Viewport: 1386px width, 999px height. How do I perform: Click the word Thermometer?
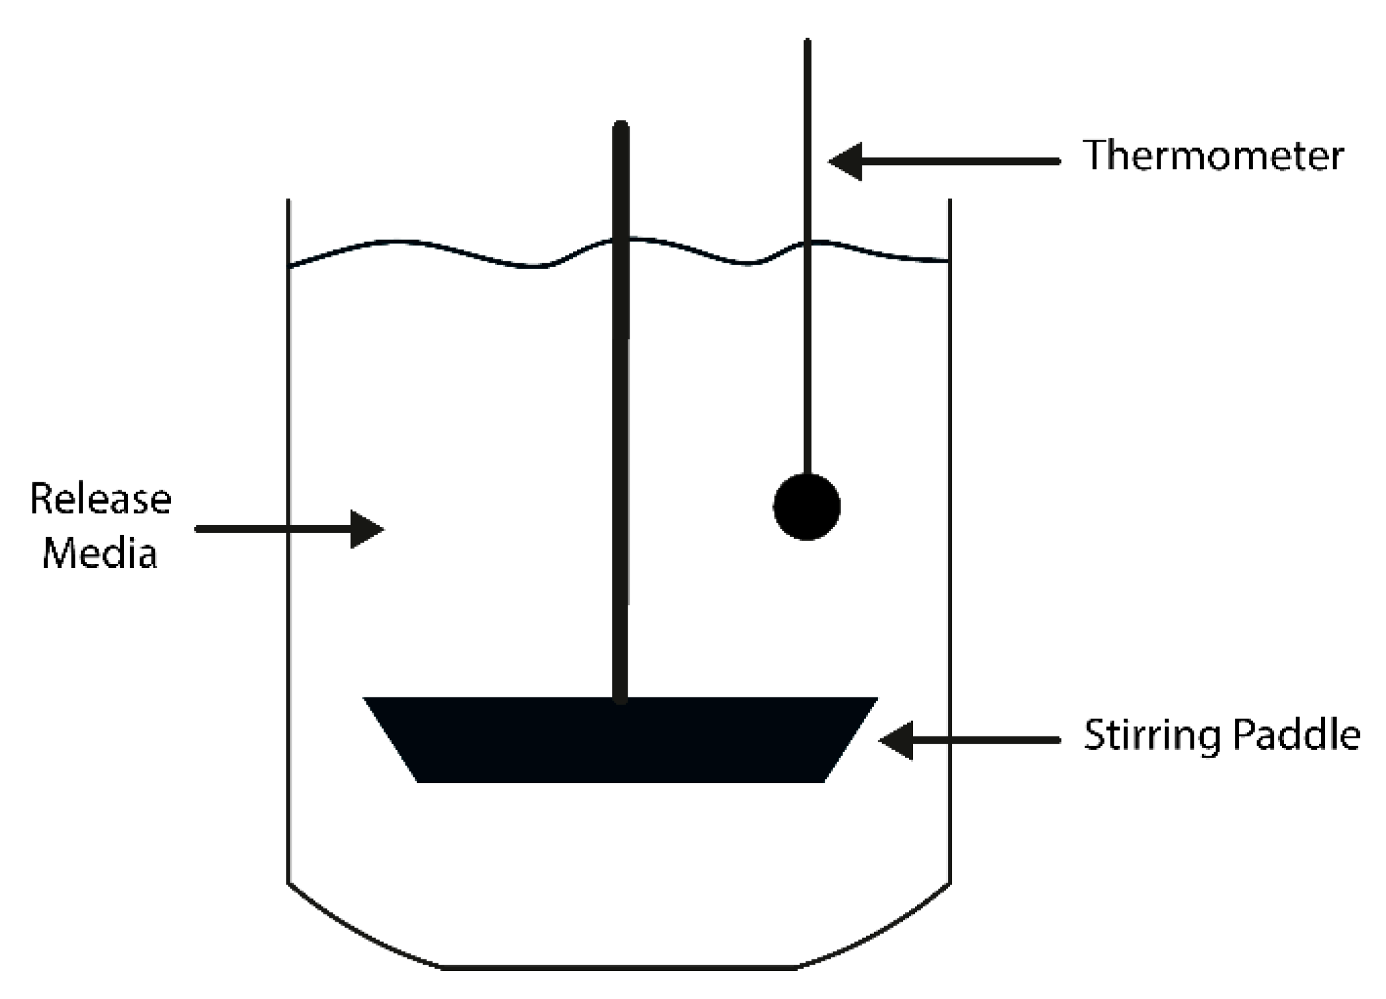[1213, 156]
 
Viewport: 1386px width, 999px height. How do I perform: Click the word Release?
[101, 500]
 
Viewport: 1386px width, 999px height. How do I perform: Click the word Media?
[99, 554]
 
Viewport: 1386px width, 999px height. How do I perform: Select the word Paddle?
[1296, 735]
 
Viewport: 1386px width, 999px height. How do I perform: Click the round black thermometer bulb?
[806, 507]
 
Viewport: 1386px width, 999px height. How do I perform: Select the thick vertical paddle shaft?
[621, 422]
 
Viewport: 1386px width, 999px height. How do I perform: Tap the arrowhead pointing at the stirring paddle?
[897, 740]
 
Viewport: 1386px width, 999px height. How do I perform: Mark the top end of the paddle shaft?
[621, 125]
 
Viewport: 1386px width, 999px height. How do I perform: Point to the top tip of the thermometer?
[807, 42]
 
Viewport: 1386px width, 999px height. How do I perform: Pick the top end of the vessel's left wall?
[289, 201]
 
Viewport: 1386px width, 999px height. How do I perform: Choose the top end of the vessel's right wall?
[949, 201]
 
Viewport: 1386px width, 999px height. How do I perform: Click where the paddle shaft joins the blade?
[621, 699]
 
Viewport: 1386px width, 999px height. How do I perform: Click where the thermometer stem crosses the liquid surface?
[807, 243]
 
